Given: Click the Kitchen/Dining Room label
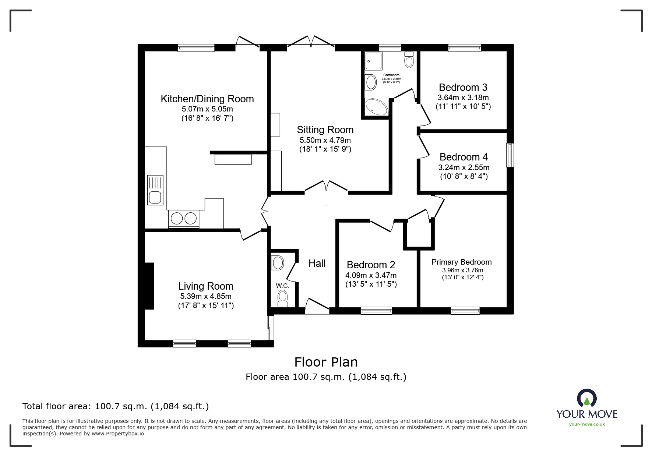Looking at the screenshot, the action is pyautogui.click(x=207, y=99).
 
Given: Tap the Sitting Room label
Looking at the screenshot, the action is pyautogui.click(x=325, y=130).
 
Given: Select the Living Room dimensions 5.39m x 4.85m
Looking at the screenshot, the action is pyautogui.click(x=206, y=296).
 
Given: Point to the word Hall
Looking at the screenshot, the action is pyautogui.click(x=317, y=264).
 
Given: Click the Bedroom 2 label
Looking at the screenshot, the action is pyautogui.click(x=371, y=265).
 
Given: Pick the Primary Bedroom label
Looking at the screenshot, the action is pyautogui.click(x=462, y=262).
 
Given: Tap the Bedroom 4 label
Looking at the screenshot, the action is pyautogui.click(x=464, y=157).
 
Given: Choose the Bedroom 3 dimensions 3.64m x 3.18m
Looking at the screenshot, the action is pyautogui.click(x=463, y=98).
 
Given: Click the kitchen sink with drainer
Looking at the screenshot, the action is pyautogui.click(x=155, y=190).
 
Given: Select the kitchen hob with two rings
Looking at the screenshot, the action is pyautogui.click(x=184, y=219).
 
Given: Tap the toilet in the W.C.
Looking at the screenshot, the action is pyautogui.click(x=283, y=298).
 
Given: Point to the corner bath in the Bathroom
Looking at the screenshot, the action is pyautogui.click(x=376, y=107).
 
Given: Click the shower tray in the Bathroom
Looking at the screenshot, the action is pyautogui.click(x=373, y=61).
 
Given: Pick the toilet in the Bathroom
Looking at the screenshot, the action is pyautogui.click(x=409, y=60).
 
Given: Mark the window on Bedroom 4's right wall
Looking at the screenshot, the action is pyautogui.click(x=510, y=155).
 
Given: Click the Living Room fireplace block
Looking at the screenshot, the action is pyautogui.click(x=149, y=286).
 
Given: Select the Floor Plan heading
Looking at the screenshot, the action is pyautogui.click(x=326, y=362).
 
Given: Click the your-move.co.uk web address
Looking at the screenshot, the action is pyautogui.click(x=587, y=424).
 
